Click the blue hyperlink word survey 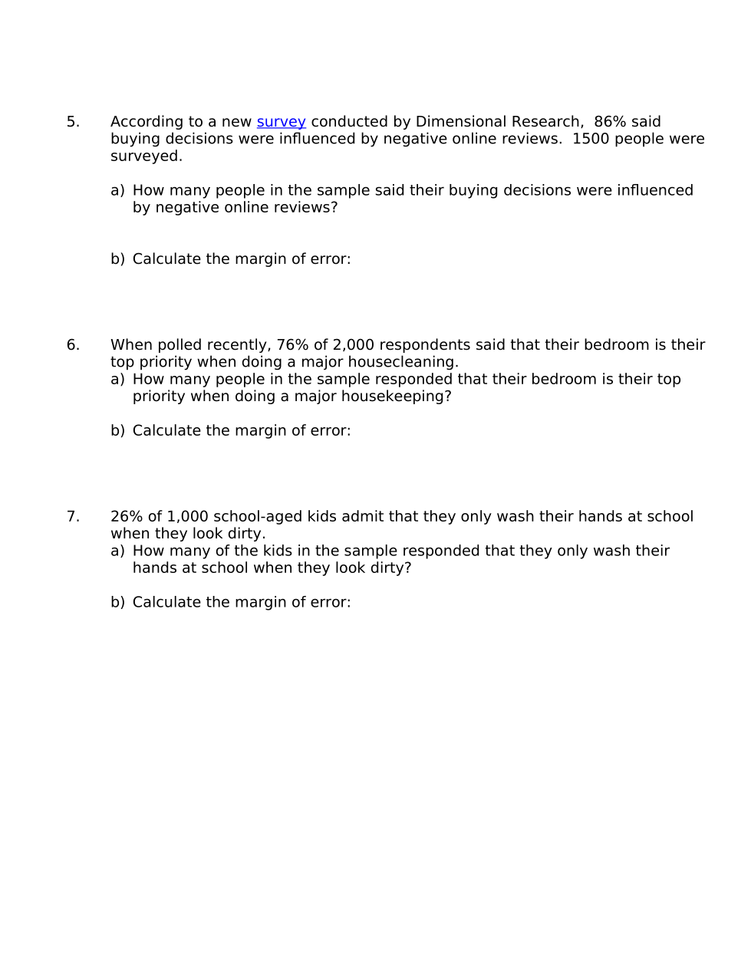(x=281, y=122)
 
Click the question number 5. (x=73, y=122)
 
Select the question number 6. (x=73, y=345)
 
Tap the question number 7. (x=73, y=517)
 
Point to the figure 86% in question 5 (x=610, y=122)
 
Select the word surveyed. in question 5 (x=147, y=156)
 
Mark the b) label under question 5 (x=117, y=259)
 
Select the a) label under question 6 (x=117, y=380)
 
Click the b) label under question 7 (x=117, y=603)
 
